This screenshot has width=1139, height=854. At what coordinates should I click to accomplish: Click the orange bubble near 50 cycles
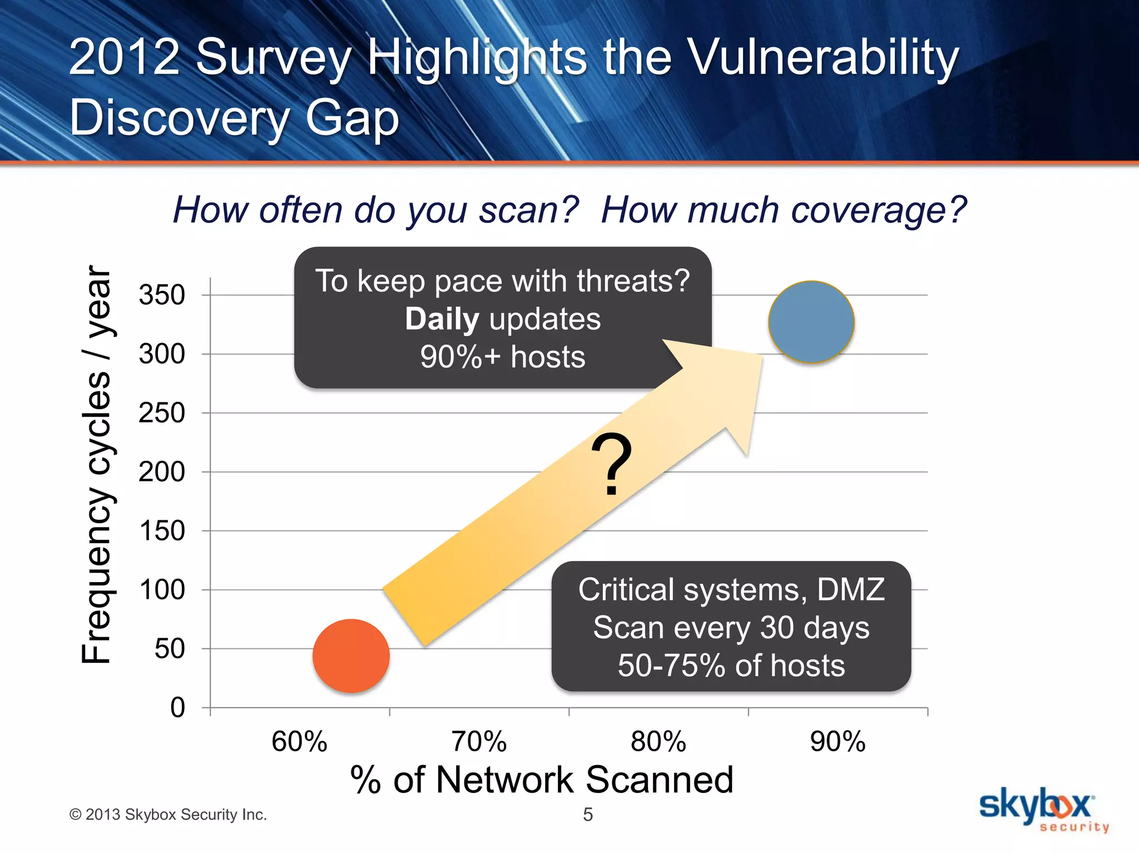click(351, 656)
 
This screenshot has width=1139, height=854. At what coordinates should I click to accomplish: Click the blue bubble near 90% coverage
click(811, 322)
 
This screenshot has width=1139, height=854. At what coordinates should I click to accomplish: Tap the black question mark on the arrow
click(611, 464)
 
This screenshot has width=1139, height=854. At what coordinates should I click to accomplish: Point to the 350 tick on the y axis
click(162, 295)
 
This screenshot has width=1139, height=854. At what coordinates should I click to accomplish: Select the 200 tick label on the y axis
click(162, 471)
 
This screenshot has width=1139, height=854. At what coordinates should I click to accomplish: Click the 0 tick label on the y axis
click(177, 707)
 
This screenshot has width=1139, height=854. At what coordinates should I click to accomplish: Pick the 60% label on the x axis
click(299, 741)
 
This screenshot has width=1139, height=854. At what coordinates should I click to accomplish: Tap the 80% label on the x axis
click(658, 741)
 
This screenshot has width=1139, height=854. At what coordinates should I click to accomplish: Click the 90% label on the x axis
click(838, 741)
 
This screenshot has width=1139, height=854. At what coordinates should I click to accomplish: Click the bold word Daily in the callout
click(442, 319)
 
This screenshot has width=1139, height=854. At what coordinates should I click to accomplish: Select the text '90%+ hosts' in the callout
click(503, 357)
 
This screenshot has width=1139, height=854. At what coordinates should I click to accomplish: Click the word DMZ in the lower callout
click(850, 589)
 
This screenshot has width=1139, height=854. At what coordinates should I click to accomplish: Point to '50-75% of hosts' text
click(731, 666)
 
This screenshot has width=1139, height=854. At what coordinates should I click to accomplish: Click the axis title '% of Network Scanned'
click(542, 779)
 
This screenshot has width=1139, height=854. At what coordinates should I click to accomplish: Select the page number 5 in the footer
click(588, 815)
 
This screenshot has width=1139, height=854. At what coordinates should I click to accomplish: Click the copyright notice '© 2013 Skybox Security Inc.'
click(168, 815)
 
